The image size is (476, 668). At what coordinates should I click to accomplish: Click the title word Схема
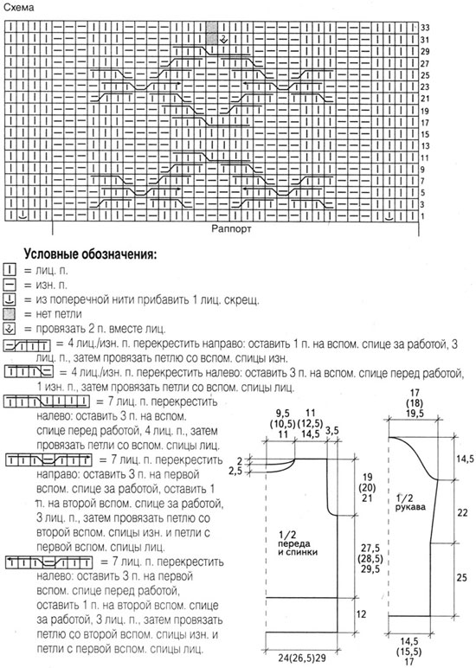click(18, 8)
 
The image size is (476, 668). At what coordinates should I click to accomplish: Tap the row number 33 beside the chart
click(425, 28)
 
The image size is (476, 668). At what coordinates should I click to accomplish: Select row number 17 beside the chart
click(425, 123)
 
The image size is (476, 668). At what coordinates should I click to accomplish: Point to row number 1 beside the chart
click(422, 216)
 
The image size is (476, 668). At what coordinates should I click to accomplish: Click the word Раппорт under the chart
click(231, 228)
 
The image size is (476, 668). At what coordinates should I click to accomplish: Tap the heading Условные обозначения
click(90, 254)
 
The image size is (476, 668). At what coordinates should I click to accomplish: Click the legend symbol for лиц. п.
click(10, 270)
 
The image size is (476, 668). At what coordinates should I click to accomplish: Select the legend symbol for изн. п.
click(10, 285)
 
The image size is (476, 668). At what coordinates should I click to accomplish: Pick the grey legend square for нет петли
click(10, 314)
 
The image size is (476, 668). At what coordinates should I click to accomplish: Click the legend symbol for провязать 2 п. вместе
click(10, 329)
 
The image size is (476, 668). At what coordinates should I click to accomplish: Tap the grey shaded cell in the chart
click(211, 33)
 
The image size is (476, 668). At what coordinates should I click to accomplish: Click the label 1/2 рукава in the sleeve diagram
click(410, 502)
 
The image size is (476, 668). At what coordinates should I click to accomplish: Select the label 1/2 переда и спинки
click(299, 543)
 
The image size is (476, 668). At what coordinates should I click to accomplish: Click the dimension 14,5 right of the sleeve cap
click(465, 459)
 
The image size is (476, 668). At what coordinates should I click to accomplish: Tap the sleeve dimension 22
click(462, 512)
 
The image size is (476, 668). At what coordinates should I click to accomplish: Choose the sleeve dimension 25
click(462, 577)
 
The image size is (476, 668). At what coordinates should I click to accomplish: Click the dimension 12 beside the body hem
click(361, 613)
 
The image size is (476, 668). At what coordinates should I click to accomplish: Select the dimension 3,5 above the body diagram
click(332, 431)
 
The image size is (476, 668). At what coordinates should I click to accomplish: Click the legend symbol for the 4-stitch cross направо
click(27, 344)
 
